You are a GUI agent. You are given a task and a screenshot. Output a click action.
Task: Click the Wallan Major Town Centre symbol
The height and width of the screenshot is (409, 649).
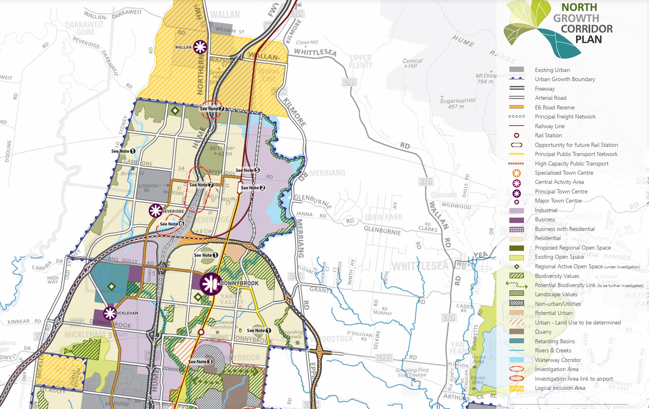pos(200,47)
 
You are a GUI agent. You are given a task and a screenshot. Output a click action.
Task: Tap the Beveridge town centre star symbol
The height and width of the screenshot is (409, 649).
pos(155,211)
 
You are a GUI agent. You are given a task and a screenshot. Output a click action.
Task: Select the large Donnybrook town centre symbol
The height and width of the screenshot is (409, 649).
pos(211,284)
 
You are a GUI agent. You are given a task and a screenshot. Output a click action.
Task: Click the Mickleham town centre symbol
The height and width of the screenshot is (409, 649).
pos(110,313)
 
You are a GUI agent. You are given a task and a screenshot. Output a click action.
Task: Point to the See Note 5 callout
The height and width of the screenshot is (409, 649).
pos(248,170)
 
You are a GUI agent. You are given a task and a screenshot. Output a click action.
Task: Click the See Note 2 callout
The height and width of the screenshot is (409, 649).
pos(253,188)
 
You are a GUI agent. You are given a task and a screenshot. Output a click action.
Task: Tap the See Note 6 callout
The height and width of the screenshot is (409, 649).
pos(172,224)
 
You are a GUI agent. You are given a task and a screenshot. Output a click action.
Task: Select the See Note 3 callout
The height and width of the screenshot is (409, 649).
pos(200,362)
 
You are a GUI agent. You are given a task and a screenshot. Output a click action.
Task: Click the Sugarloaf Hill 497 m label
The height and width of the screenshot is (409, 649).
pos(457,104)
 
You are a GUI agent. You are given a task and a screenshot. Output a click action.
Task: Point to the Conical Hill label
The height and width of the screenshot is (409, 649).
pos(412,63)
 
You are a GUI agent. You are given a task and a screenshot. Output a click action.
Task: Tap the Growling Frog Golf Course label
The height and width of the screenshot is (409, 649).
pos(412,372)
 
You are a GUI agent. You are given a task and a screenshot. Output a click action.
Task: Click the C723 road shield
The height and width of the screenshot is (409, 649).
pos(384,358)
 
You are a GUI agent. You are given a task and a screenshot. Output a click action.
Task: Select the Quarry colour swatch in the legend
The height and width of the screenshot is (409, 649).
pos(516,332)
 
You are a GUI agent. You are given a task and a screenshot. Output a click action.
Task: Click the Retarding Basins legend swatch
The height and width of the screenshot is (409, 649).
pos(516,341)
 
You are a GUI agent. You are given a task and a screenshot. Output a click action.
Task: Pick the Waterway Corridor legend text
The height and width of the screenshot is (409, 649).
pos(558,360)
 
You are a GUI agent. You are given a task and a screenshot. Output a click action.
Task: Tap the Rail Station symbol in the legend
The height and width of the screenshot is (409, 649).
pos(516,135)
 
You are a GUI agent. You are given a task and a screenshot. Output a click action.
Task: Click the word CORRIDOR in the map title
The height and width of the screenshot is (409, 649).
pos(586,29)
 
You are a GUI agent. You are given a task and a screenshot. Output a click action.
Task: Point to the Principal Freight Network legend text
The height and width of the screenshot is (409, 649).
pos(565,117)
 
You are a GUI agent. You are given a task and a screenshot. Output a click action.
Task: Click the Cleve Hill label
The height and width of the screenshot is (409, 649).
pos(307,42)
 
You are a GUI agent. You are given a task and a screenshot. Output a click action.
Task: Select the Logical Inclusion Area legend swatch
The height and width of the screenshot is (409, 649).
pos(516,388)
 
